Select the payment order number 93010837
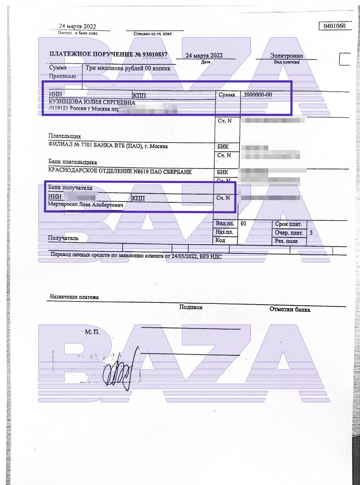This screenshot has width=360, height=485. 155,54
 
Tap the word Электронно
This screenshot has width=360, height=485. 286,56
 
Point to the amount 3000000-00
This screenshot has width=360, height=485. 258,95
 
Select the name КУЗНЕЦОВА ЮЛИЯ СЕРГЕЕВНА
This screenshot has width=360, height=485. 92,102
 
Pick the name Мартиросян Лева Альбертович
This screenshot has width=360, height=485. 87,205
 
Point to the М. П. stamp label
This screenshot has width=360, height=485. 92,332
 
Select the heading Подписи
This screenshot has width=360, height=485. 191,307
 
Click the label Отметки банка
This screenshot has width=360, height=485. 290,309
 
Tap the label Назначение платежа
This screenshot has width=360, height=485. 74,297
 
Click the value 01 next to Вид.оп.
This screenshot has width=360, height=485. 243,224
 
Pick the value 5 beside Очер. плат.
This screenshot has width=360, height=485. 311,233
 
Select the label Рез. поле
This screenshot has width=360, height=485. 286,241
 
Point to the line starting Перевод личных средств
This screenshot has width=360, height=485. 136,256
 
